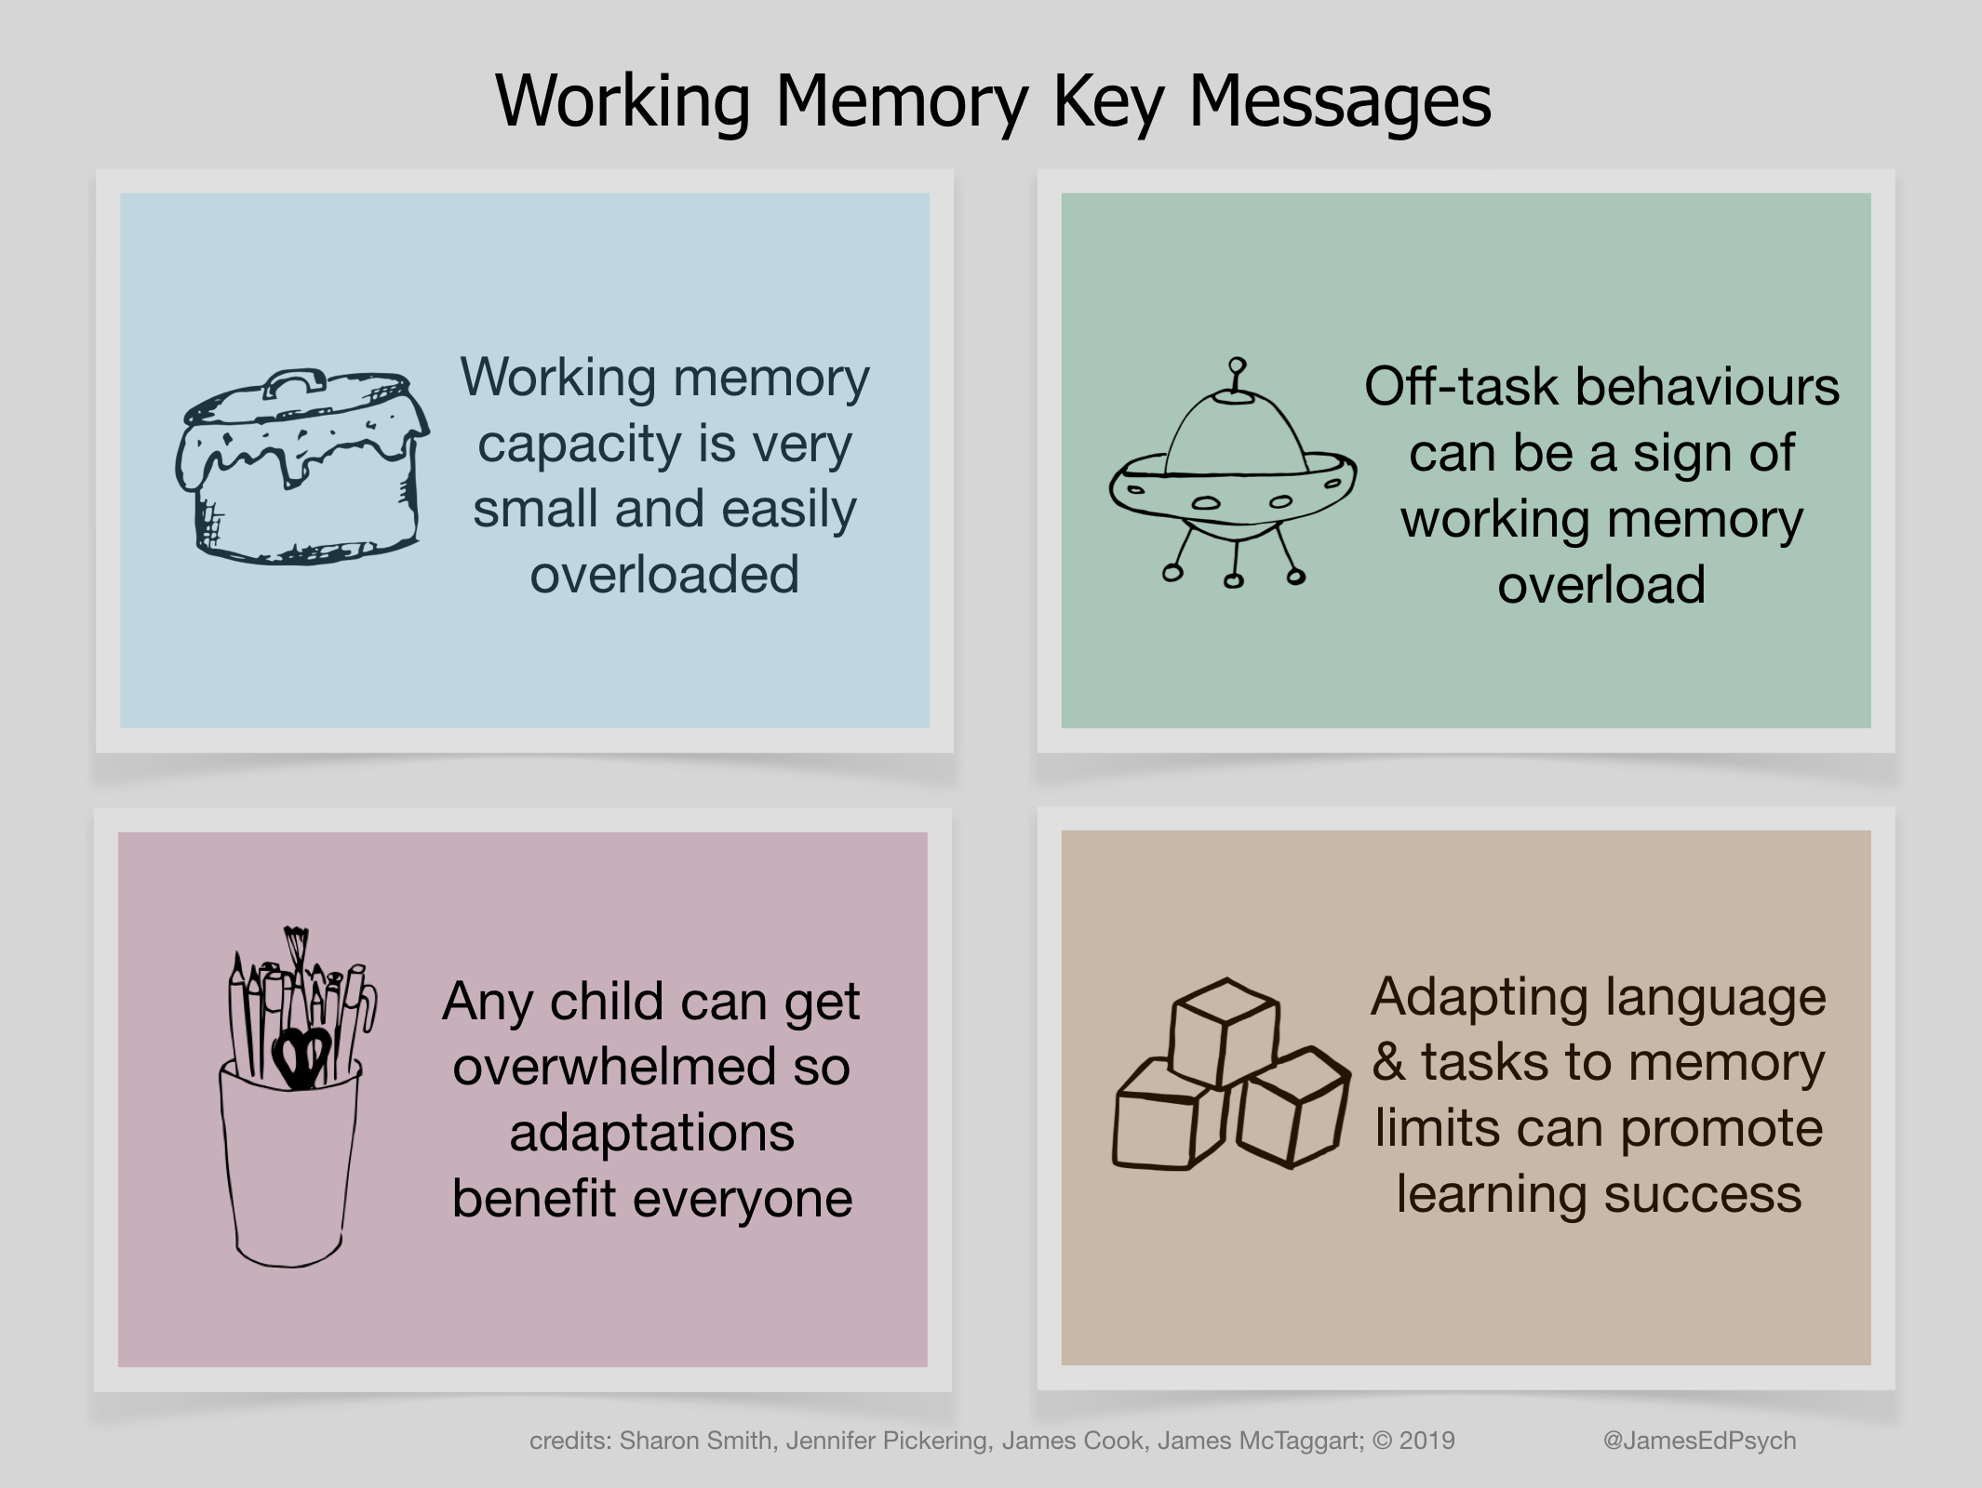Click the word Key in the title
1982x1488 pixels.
(1107, 102)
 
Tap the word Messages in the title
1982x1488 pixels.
(1340, 102)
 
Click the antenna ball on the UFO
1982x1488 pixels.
(1237, 365)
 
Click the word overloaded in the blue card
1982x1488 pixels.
(664, 575)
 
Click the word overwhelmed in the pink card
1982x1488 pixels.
(614, 1067)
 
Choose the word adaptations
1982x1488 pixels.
(651, 1133)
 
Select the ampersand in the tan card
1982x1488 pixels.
(1388, 1062)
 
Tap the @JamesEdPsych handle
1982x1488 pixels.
(1699, 1441)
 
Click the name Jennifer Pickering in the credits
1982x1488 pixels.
(889, 1441)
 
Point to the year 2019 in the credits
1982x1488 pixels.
(1426, 1441)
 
